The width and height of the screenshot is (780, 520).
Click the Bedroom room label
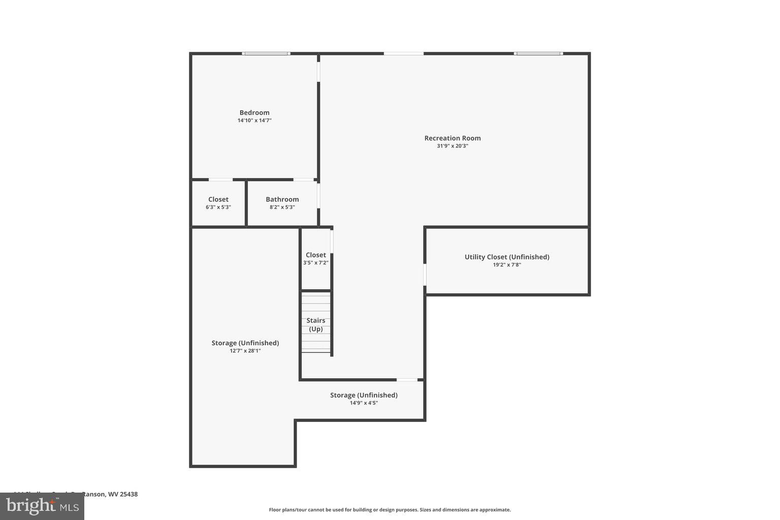(x=254, y=113)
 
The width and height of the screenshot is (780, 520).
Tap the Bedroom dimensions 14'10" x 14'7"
(x=254, y=121)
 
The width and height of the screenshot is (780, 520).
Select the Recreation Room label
(x=452, y=138)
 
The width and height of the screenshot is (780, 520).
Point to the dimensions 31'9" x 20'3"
(x=452, y=146)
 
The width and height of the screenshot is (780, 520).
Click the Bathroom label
(x=282, y=200)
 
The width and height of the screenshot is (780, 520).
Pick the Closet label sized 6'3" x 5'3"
(x=218, y=200)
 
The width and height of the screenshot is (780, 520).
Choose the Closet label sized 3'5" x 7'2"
(x=316, y=255)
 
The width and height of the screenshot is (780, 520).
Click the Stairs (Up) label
(x=316, y=324)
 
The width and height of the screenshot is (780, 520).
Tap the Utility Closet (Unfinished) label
(x=507, y=257)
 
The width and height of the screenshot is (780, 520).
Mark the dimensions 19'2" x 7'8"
(x=507, y=265)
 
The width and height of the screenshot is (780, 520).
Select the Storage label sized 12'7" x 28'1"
(x=245, y=343)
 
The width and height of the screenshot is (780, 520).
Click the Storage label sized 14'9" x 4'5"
(x=364, y=395)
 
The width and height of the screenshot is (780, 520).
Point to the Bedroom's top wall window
(x=266, y=53)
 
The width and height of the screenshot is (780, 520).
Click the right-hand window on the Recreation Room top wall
(x=538, y=53)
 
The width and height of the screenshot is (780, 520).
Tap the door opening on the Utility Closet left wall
(x=425, y=275)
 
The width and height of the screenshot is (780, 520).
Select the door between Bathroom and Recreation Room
(x=319, y=196)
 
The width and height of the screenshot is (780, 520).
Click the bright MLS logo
(x=42, y=506)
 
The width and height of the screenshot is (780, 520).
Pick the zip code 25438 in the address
(x=129, y=494)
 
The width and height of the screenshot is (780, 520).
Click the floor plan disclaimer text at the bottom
(x=389, y=510)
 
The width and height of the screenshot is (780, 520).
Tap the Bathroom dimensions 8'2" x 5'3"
(x=282, y=207)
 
